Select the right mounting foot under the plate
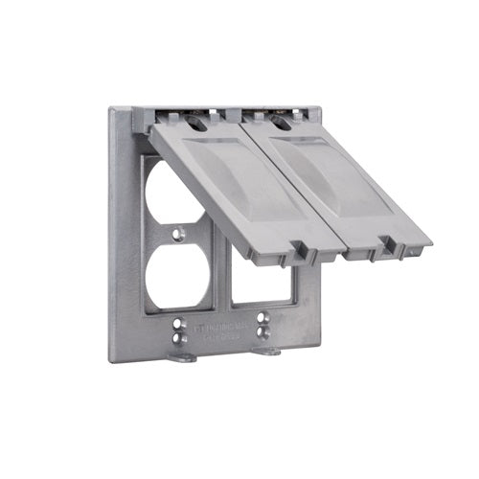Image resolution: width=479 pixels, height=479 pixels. tap(267, 352)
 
